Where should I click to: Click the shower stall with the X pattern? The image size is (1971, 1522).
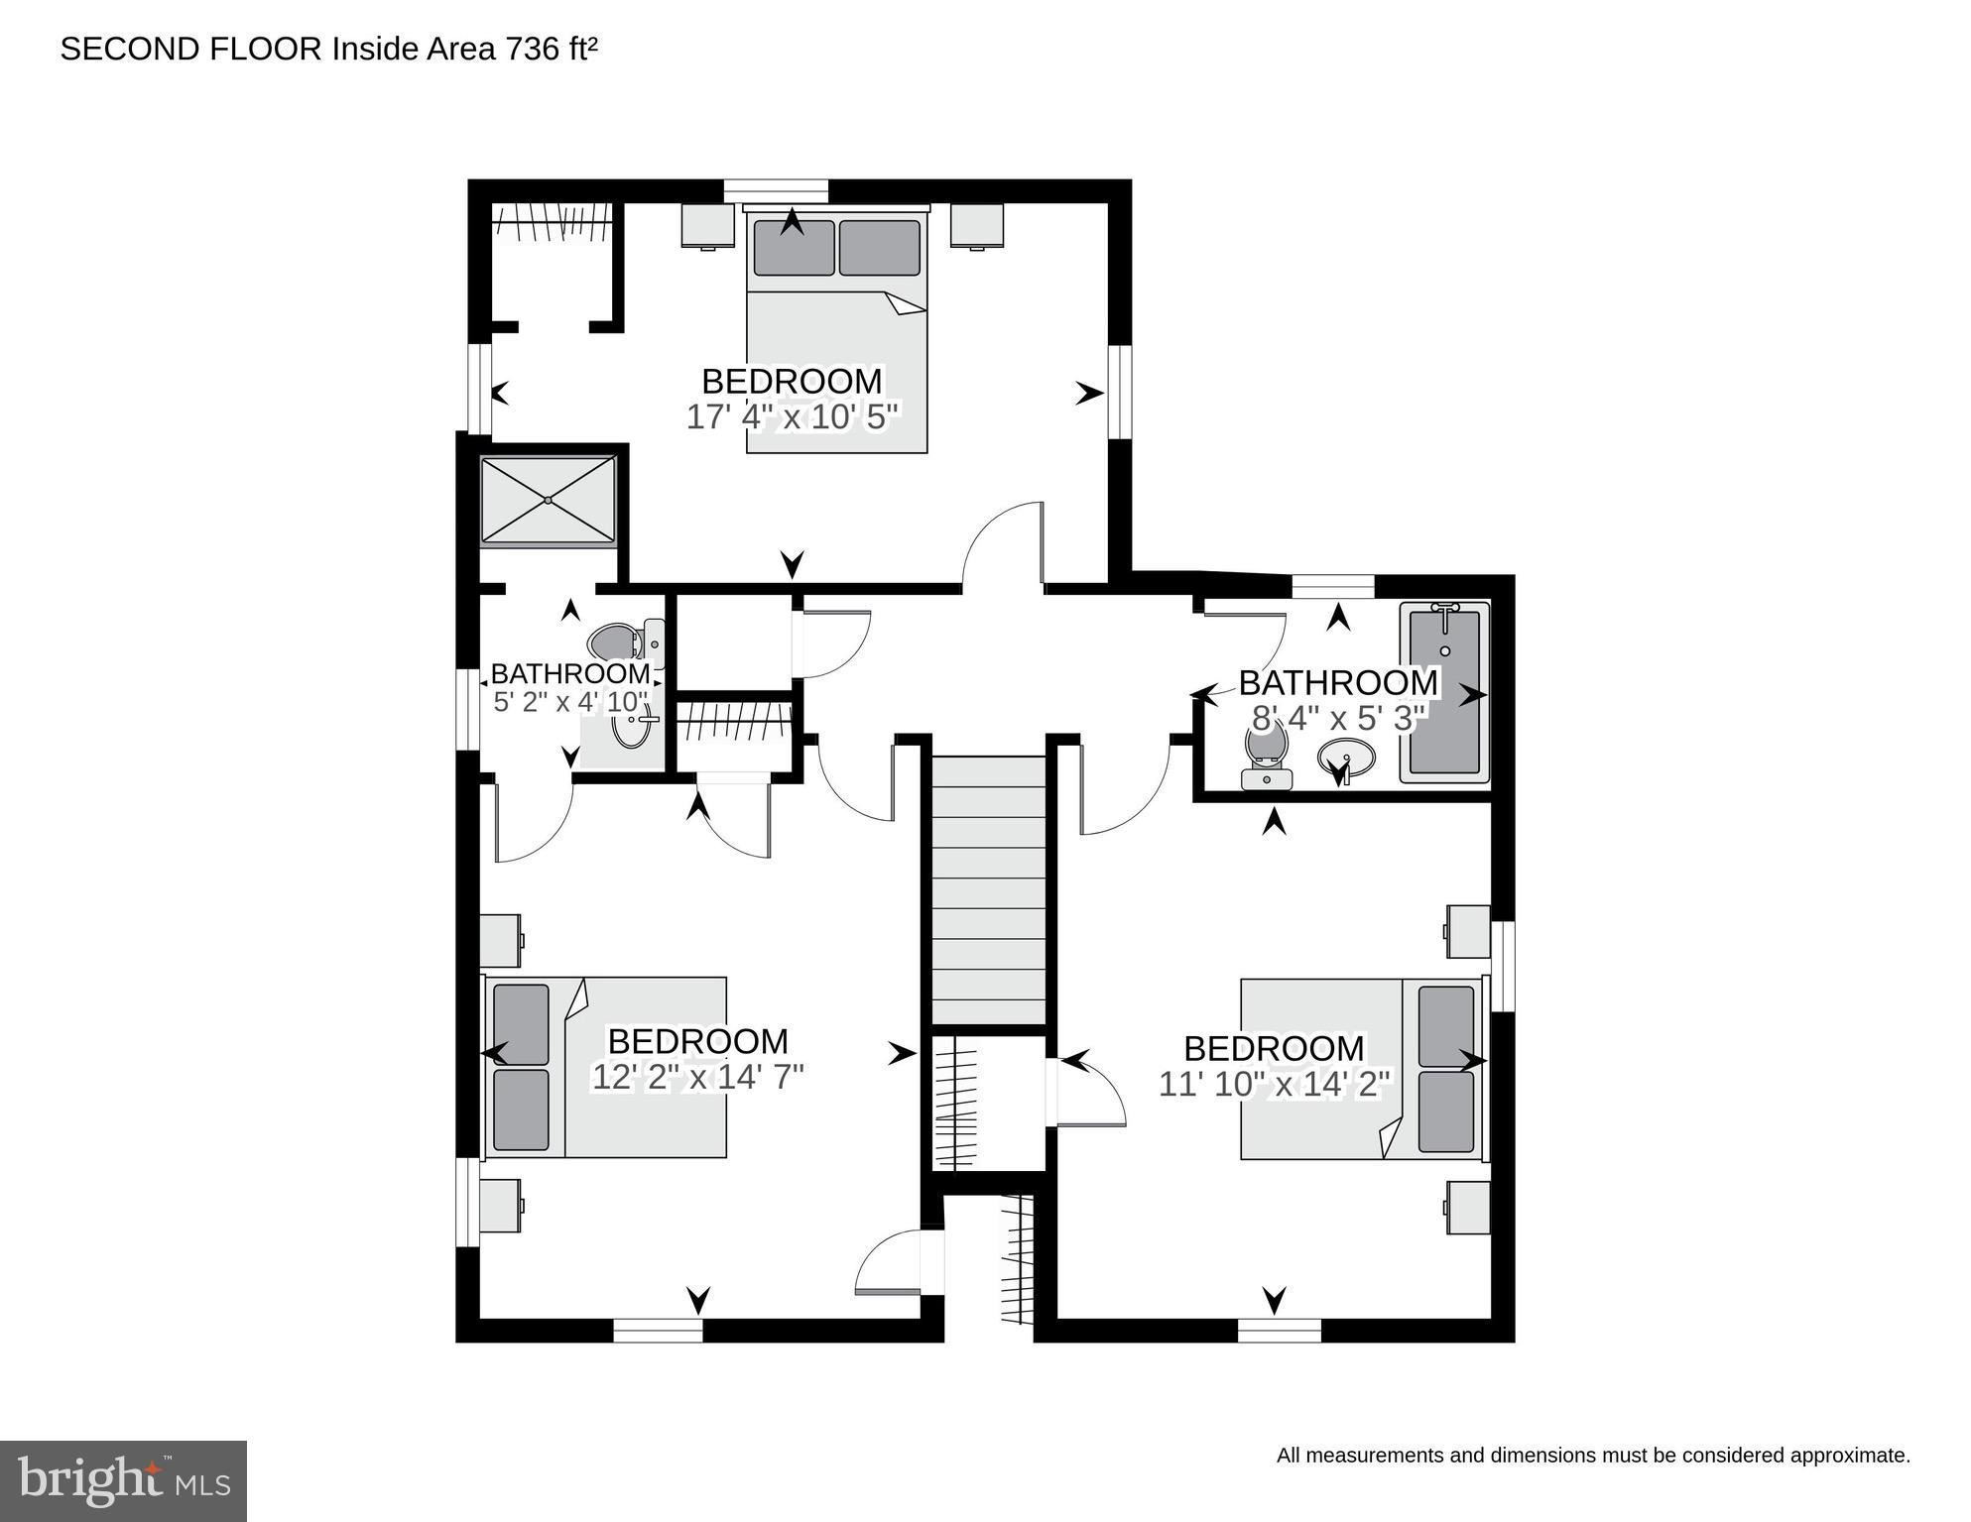click(549, 500)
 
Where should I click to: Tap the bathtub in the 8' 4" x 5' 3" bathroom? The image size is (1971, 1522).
click(1444, 692)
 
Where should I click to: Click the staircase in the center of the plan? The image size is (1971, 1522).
click(989, 889)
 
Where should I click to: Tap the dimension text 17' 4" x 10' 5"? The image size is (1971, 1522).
click(792, 416)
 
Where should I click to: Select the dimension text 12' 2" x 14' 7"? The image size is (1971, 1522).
click(697, 1077)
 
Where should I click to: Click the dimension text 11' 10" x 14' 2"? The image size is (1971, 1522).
click(1276, 1084)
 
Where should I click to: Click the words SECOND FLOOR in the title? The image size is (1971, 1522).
click(191, 49)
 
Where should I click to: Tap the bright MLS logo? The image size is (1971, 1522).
click(123, 1481)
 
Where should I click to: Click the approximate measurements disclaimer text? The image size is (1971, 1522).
click(1593, 1456)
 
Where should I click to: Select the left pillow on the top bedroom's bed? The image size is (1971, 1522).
click(794, 248)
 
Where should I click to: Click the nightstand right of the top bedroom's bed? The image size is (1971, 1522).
click(977, 226)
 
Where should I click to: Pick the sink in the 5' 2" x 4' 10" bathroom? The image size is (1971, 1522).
click(630, 729)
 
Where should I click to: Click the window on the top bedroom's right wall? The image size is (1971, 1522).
click(1120, 392)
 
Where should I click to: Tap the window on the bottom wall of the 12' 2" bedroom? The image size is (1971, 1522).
click(658, 1330)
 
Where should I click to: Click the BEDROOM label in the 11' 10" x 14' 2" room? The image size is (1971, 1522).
click(1274, 1048)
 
